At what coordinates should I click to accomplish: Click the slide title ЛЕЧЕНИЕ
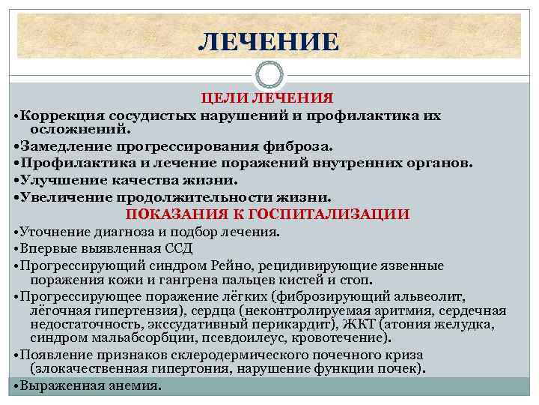pos(269,41)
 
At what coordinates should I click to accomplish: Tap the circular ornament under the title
pos(269,75)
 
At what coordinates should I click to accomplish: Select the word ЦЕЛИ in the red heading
pos(225,99)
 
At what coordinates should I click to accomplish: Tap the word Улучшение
pos(59,180)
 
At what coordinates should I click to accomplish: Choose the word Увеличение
pos(63,197)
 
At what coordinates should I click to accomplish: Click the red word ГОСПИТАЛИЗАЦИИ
pos(340,214)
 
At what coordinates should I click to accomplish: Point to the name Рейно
pos(243,265)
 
